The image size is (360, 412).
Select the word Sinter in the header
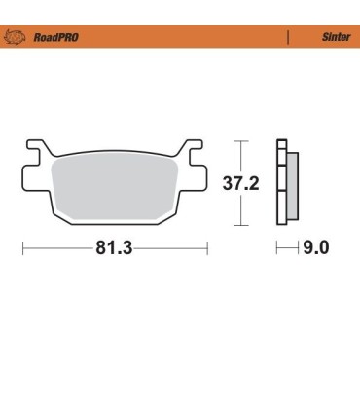point(335,38)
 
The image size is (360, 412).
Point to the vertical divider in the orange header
point(288,38)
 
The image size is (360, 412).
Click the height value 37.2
point(240,182)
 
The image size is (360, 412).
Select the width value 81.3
point(114,247)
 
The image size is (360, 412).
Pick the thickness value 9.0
point(316,247)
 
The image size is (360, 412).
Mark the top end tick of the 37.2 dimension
point(243,141)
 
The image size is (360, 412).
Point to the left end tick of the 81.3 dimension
point(23,248)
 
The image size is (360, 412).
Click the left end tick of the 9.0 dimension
point(277,248)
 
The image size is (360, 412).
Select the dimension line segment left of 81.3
point(58,248)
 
